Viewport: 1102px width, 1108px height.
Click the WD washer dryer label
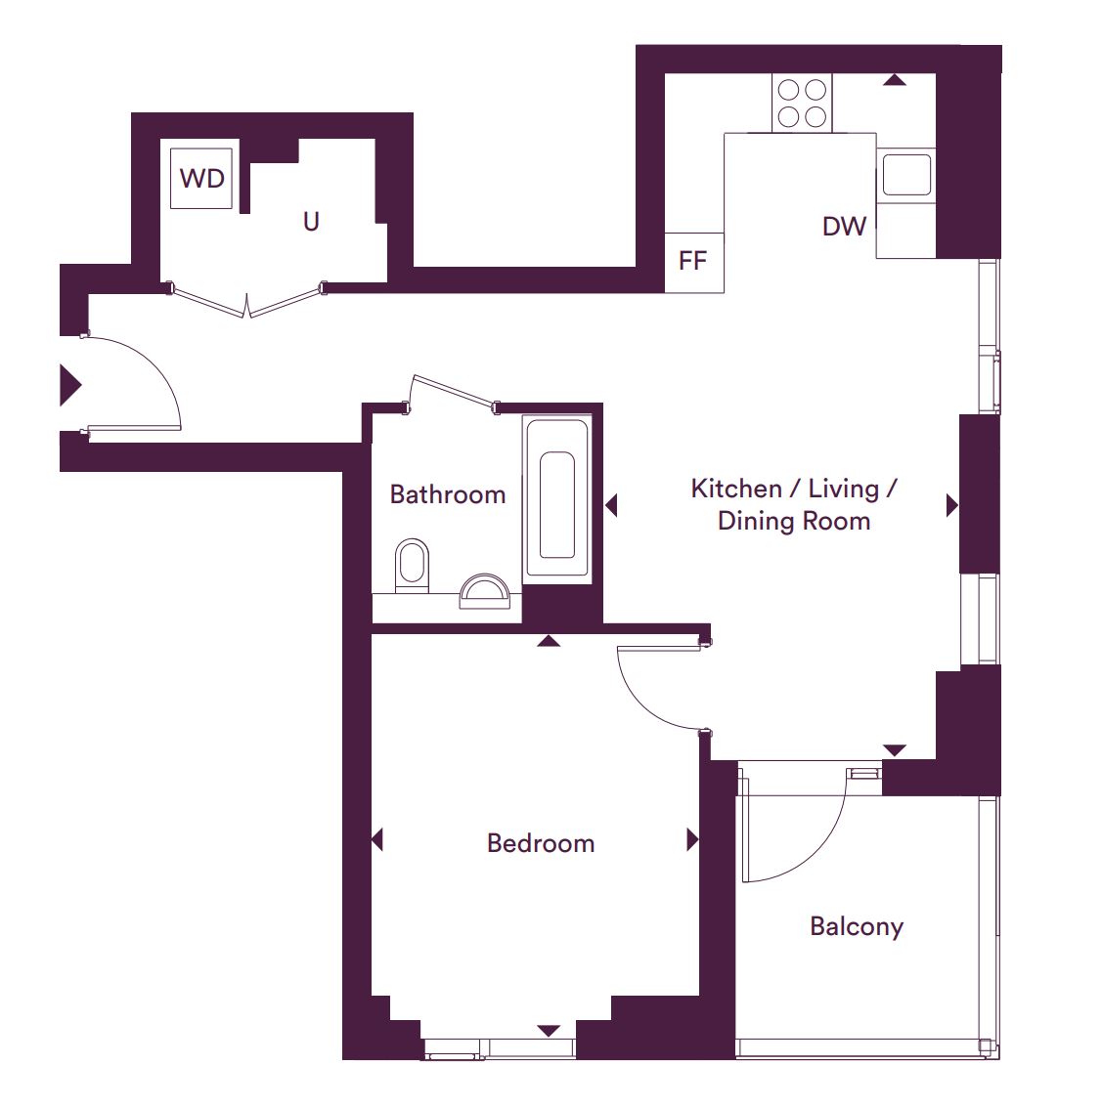[202, 178]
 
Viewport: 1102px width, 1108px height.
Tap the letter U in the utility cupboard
[311, 222]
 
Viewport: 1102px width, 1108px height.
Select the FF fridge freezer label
[692, 261]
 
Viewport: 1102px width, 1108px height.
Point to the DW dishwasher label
[845, 226]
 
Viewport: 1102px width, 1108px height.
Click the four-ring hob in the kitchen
[802, 104]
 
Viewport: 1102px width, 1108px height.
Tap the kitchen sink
[906, 175]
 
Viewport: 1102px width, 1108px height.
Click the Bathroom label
[448, 494]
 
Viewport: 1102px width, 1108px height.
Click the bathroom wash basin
[485, 592]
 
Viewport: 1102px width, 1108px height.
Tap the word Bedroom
[541, 843]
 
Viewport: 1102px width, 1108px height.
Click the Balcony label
[857, 926]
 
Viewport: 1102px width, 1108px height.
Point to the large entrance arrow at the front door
[70, 385]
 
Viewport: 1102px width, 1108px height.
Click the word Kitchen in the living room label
[736, 489]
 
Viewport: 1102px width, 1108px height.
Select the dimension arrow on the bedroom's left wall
[377, 840]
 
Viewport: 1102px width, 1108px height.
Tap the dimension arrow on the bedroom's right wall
[693, 840]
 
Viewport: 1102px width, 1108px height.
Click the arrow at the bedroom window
[549, 1031]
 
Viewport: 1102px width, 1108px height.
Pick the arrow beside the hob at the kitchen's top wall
[895, 80]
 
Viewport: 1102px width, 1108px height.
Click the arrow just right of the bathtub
[611, 505]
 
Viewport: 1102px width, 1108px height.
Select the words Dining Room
[794, 521]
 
